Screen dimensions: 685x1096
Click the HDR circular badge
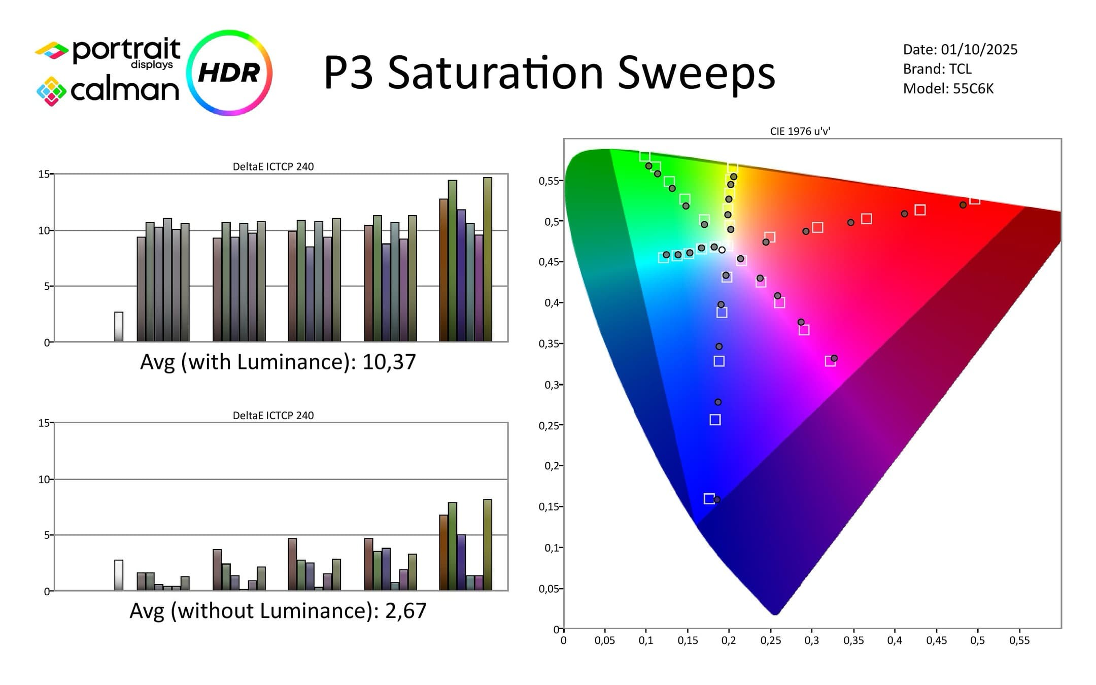point(229,73)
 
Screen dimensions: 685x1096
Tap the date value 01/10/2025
point(979,50)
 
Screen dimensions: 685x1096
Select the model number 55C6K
point(973,89)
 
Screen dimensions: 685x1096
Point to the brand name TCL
point(960,69)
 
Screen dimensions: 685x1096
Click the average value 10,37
point(389,362)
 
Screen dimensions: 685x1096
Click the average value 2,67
point(405,611)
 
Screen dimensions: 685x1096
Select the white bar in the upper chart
point(119,327)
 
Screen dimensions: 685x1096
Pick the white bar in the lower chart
point(119,575)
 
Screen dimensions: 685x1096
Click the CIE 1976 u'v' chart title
point(800,131)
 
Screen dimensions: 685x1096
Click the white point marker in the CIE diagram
point(722,250)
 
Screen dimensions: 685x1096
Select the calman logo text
point(124,90)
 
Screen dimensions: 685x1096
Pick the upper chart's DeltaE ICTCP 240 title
point(273,166)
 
